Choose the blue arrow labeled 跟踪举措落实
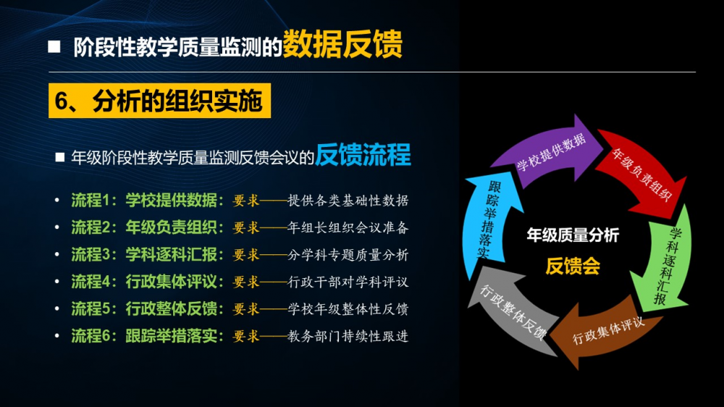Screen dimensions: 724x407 coord(490,222)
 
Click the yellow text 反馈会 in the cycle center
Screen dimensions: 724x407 coord(573,266)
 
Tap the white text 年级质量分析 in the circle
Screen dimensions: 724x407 coord(573,235)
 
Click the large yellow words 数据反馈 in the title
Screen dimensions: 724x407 coord(342,44)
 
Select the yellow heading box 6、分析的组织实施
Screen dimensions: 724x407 coord(159,101)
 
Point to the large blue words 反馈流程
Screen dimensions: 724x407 coord(363,154)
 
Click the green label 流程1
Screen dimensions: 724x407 coord(90,200)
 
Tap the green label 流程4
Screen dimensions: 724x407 coord(90,281)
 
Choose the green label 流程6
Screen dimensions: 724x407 coord(90,336)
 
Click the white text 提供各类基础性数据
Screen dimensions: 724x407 coord(348,201)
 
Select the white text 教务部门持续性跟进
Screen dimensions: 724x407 coord(348,336)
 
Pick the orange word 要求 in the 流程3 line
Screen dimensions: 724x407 coord(246,255)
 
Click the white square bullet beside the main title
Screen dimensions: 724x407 coord(54,46)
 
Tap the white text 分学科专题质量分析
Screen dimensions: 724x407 coord(348,255)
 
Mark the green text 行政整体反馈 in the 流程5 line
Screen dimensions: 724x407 coord(172,309)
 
